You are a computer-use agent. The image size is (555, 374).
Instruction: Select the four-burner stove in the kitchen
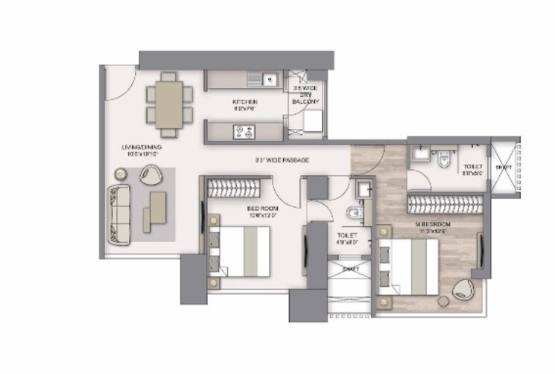tap(243, 132)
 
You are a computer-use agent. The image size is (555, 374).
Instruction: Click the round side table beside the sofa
tap(120, 174)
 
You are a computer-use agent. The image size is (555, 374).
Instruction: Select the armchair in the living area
tap(151, 175)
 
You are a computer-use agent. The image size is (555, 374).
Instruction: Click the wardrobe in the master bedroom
tap(443, 203)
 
